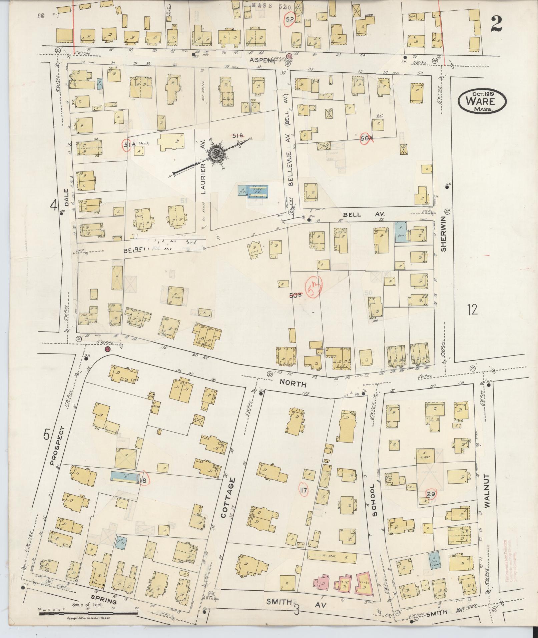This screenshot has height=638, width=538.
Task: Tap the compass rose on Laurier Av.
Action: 216,154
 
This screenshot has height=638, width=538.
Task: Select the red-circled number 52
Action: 289,19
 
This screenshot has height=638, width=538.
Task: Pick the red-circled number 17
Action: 304,490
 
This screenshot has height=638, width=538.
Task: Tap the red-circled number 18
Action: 143,481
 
